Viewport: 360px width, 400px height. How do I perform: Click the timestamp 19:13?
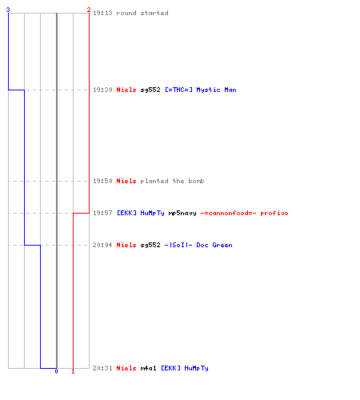(x=102, y=13)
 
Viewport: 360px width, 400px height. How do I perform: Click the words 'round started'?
(x=142, y=13)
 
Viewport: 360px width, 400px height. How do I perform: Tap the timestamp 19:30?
(x=102, y=90)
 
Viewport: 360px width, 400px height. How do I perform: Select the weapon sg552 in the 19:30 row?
(x=150, y=90)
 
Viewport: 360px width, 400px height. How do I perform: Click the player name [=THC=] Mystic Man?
(x=201, y=90)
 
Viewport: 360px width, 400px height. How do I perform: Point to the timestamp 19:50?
(x=102, y=181)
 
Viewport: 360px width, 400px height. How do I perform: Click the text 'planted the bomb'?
(x=172, y=181)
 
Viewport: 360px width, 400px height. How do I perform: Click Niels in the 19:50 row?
(x=126, y=181)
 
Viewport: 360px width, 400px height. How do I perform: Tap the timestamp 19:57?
(x=102, y=213)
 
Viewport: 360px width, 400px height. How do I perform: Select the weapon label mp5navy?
(x=182, y=213)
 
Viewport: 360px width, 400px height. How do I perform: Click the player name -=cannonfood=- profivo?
(x=244, y=213)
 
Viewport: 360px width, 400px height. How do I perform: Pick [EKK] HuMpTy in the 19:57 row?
(x=141, y=213)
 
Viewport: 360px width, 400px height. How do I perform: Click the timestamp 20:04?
(x=102, y=245)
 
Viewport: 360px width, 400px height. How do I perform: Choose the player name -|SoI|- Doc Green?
(x=198, y=245)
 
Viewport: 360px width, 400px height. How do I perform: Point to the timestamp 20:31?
(x=102, y=368)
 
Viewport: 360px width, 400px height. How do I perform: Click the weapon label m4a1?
(x=148, y=368)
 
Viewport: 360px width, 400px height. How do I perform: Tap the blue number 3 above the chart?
(x=8, y=10)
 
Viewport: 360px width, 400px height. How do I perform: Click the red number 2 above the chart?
(x=89, y=10)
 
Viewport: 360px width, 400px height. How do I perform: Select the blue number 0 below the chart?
(x=56, y=371)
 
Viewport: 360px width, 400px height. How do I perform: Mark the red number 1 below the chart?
(x=73, y=371)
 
